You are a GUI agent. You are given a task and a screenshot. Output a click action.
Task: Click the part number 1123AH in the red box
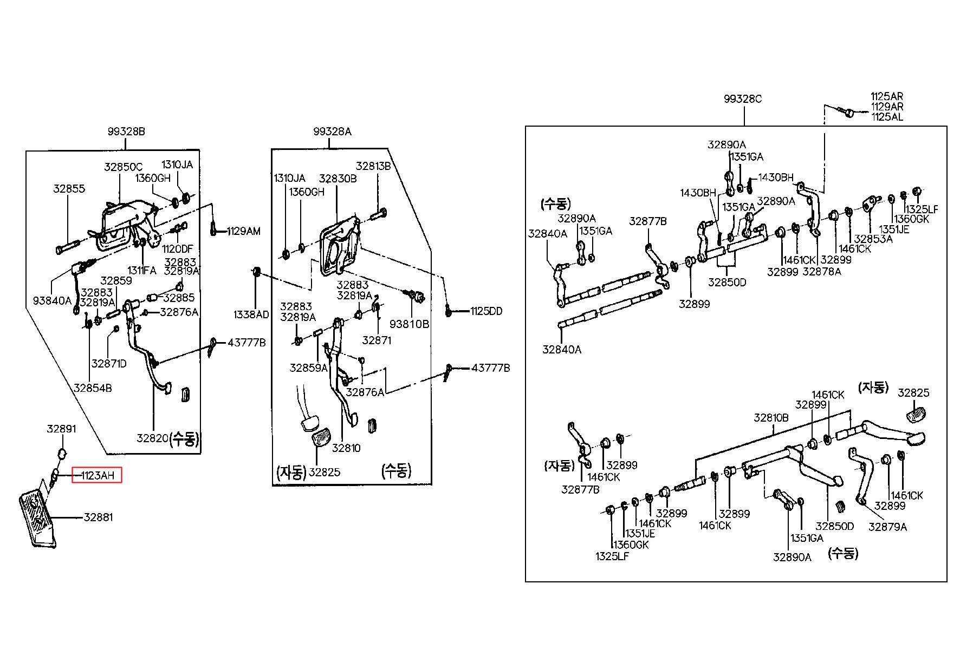(98, 476)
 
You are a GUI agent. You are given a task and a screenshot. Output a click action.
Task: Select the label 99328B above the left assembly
(126, 132)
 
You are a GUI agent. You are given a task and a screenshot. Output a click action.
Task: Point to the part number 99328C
(743, 99)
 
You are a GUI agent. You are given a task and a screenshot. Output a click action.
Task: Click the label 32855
(69, 189)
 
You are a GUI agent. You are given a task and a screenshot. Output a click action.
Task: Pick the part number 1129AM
(243, 231)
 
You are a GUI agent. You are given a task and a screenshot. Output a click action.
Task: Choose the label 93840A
(53, 300)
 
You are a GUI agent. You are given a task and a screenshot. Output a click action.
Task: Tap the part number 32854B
(93, 388)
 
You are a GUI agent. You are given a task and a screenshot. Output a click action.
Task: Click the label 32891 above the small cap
(61, 429)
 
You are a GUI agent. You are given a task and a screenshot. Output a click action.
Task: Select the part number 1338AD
(251, 314)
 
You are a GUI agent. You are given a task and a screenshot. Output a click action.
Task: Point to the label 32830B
(338, 179)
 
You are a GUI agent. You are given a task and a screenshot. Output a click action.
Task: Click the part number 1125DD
(486, 311)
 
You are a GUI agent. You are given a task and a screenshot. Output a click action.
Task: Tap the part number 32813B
(373, 166)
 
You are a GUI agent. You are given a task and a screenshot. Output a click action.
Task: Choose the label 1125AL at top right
(887, 116)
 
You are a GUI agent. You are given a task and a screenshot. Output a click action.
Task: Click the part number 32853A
(873, 239)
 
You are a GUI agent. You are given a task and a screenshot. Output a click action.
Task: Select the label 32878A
(822, 272)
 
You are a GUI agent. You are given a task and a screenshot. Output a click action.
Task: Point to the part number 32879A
(887, 527)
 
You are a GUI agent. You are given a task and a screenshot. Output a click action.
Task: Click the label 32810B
(771, 418)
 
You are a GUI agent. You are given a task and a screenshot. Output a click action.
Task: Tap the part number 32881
(98, 517)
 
